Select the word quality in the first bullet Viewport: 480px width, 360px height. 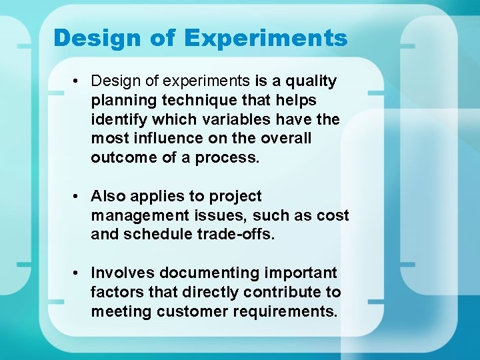[x=311, y=81]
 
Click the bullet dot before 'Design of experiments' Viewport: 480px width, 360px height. [x=78, y=81]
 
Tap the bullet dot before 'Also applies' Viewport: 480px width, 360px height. [x=78, y=197]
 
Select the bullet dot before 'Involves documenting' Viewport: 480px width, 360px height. [x=78, y=273]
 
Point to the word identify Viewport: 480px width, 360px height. [x=119, y=119]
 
